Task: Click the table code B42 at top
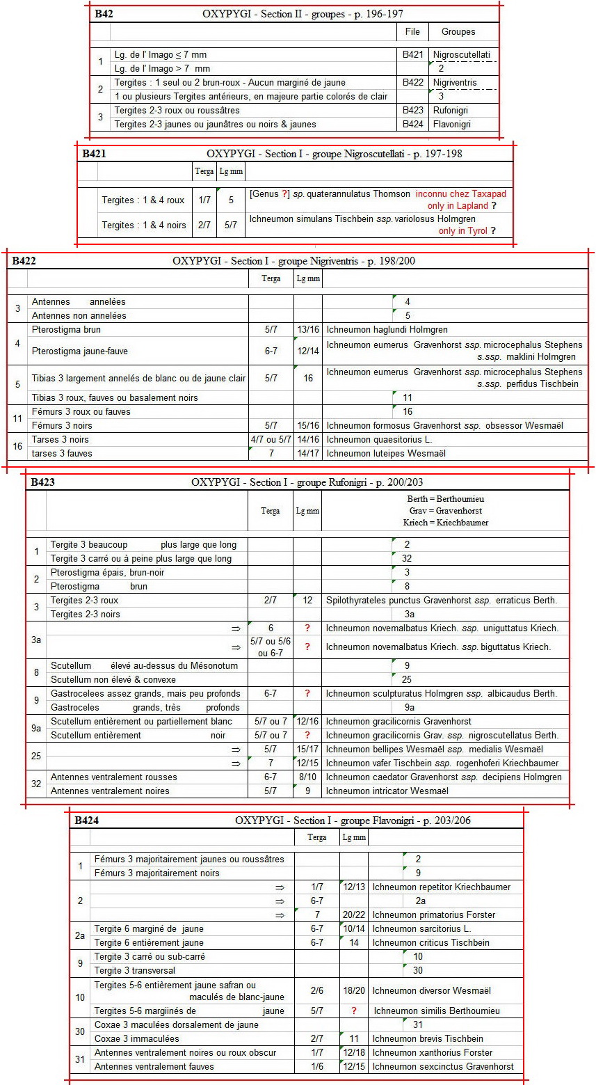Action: [x=106, y=14]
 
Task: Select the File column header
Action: [x=412, y=32]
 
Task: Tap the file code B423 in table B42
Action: [x=412, y=111]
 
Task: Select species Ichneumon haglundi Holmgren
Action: [x=387, y=330]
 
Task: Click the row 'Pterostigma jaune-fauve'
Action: [x=79, y=351]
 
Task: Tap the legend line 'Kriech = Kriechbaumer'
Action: [x=446, y=523]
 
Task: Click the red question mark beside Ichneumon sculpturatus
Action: [x=307, y=694]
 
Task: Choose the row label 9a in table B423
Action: [x=36, y=729]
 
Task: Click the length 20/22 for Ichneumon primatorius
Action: [x=354, y=915]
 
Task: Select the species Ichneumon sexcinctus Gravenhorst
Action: [x=443, y=1067]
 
